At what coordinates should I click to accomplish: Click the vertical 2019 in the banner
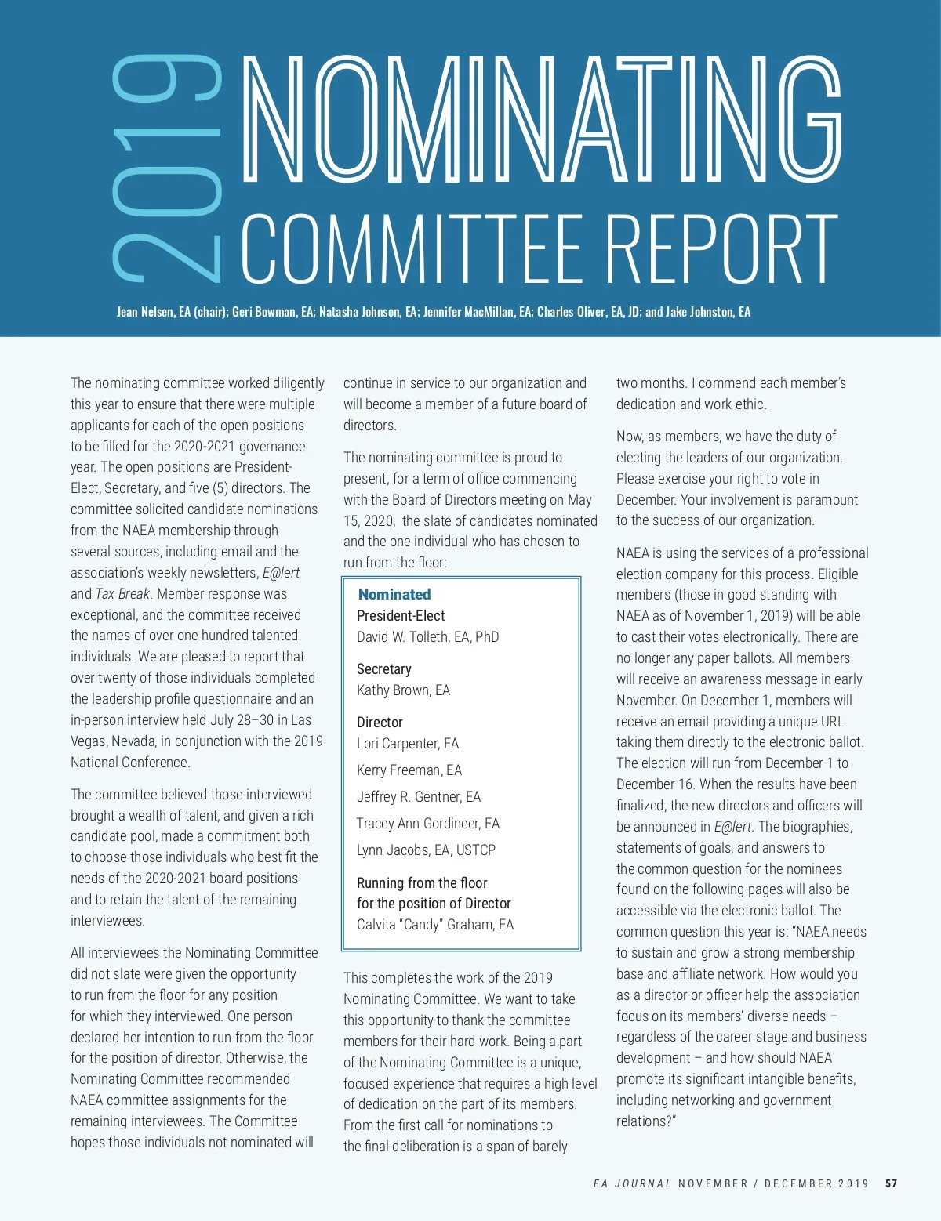pos(166,168)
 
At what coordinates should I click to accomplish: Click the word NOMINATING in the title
pos(541,119)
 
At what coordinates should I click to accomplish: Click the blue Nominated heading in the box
pos(394,595)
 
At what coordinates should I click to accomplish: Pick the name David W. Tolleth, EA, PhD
pos(427,637)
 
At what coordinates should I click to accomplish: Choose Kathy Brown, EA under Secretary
pos(403,690)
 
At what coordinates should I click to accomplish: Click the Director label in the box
pos(380,723)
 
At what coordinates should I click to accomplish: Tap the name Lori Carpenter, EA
pos(407,744)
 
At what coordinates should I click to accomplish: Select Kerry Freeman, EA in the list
pos(409,770)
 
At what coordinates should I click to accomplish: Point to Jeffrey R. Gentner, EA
pos(418,797)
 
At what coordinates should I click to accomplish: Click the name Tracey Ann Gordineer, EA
pos(427,824)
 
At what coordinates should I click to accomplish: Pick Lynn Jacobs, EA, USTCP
pos(426,850)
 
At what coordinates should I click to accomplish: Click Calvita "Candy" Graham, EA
pos(435,925)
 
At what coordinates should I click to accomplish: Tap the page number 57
pos(891,1183)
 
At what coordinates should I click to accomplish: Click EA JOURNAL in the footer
pos(632,1183)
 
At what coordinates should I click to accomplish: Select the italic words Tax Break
pos(123,594)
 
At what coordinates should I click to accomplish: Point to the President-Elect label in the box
pos(401,616)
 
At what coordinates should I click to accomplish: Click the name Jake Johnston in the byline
pos(700,312)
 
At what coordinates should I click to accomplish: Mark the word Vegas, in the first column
pos(89,741)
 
